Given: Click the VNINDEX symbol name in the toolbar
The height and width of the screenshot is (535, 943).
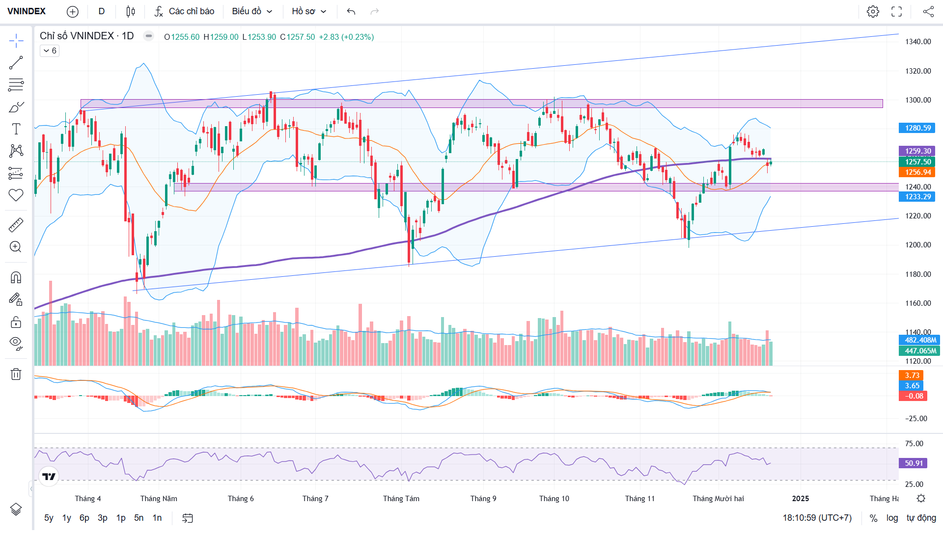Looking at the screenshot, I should click(x=27, y=11).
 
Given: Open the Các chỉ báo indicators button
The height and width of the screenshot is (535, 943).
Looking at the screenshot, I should click(x=185, y=11).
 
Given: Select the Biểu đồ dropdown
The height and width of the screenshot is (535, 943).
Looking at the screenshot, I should click(x=252, y=11).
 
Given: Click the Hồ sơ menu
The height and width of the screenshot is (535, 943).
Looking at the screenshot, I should click(x=309, y=11).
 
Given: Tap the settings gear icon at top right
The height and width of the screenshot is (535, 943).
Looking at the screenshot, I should click(x=873, y=11).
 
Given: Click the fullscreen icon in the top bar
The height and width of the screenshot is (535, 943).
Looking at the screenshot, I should click(x=896, y=11).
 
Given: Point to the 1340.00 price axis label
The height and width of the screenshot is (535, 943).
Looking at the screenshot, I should click(x=918, y=42).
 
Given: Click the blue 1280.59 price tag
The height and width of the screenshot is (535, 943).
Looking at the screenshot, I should click(x=917, y=128).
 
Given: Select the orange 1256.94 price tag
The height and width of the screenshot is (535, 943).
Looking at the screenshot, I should click(x=917, y=172).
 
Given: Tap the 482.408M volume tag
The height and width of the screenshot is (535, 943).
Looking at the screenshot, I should click(x=920, y=340).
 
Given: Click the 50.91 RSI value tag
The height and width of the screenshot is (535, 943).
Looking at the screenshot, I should click(x=914, y=463).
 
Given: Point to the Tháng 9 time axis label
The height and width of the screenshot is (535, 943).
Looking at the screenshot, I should click(x=483, y=499).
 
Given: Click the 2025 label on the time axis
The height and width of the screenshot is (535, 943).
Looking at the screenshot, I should click(x=800, y=499).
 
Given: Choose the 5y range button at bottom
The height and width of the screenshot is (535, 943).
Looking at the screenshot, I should click(x=49, y=518).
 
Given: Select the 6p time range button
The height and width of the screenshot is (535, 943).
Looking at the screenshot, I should click(x=84, y=518).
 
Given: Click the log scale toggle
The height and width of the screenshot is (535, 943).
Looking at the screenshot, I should click(x=892, y=518).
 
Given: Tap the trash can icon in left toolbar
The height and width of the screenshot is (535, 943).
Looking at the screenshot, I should click(x=16, y=374).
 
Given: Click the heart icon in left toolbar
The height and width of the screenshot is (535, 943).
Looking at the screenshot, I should click(x=16, y=195).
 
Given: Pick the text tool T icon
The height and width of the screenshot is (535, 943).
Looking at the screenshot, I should click(x=16, y=129).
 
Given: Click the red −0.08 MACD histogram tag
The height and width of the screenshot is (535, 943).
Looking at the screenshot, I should click(x=913, y=396).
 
